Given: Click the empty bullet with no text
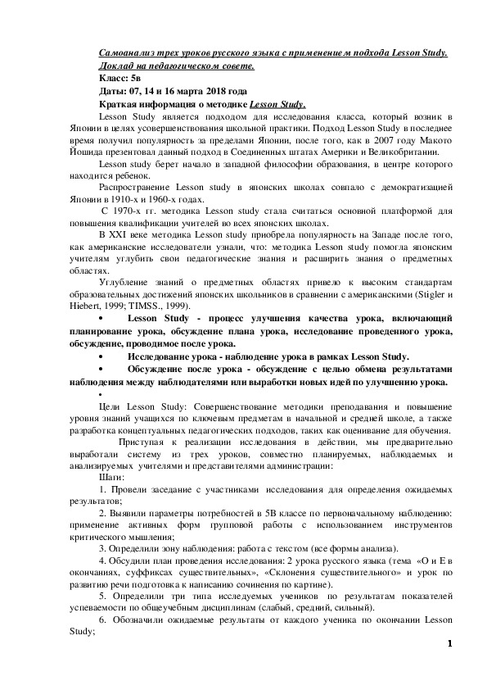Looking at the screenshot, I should point(100,393).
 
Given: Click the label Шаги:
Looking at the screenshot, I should point(111,475).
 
